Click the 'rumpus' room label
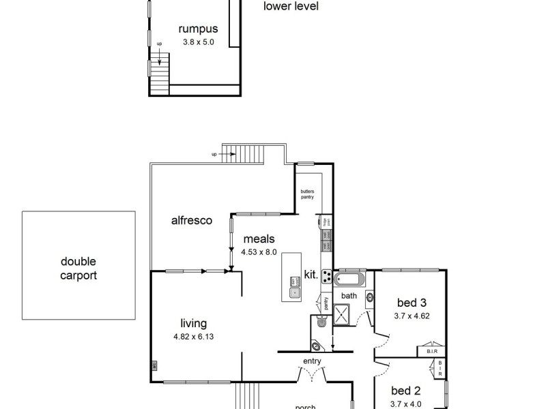(x=198, y=29)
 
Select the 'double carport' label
(x=78, y=269)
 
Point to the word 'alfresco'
(x=192, y=220)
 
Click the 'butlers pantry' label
(x=307, y=194)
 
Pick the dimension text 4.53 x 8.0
(x=259, y=252)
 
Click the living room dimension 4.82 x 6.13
(x=194, y=336)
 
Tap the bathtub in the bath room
(x=349, y=279)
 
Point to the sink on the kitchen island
(x=296, y=294)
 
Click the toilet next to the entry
(x=318, y=346)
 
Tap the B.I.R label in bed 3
(x=431, y=352)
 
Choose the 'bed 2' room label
(x=406, y=391)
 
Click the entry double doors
(x=313, y=374)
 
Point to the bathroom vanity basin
(x=369, y=297)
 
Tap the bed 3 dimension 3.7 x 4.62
(x=411, y=316)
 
